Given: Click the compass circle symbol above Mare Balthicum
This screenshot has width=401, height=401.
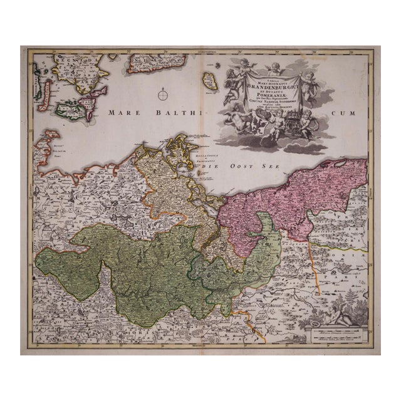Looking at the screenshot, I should pyautogui.click(x=163, y=95).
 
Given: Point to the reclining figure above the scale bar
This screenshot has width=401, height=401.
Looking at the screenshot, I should pyautogui.click(x=341, y=314).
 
